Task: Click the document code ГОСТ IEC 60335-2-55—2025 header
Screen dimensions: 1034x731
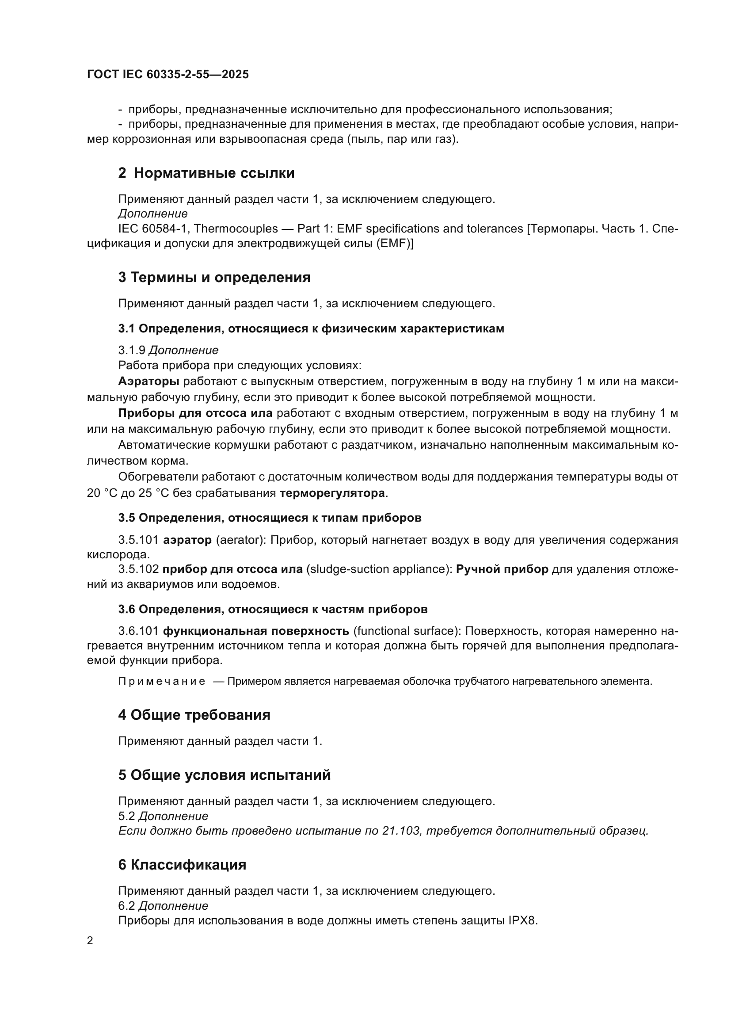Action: (168, 75)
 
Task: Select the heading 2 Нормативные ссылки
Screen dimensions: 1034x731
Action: (206, 173)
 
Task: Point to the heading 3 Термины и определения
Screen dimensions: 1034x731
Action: (214, 278)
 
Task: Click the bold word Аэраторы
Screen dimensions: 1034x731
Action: (148, 382)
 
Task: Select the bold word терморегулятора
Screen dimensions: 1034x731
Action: (332, 493)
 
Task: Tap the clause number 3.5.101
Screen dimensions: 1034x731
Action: (138, 540)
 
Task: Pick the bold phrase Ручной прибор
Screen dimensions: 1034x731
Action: (502, 569)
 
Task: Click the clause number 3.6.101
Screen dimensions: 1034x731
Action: (138, 631)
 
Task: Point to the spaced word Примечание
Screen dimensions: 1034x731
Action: (162, 681)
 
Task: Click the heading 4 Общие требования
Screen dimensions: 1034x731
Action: (194, 715)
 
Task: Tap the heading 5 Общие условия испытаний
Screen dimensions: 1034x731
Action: (224, 775)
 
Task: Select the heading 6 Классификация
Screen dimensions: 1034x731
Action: (182, 865)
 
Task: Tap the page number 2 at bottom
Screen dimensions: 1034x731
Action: (90, 941)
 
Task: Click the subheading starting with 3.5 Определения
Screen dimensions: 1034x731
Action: (270, 518)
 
